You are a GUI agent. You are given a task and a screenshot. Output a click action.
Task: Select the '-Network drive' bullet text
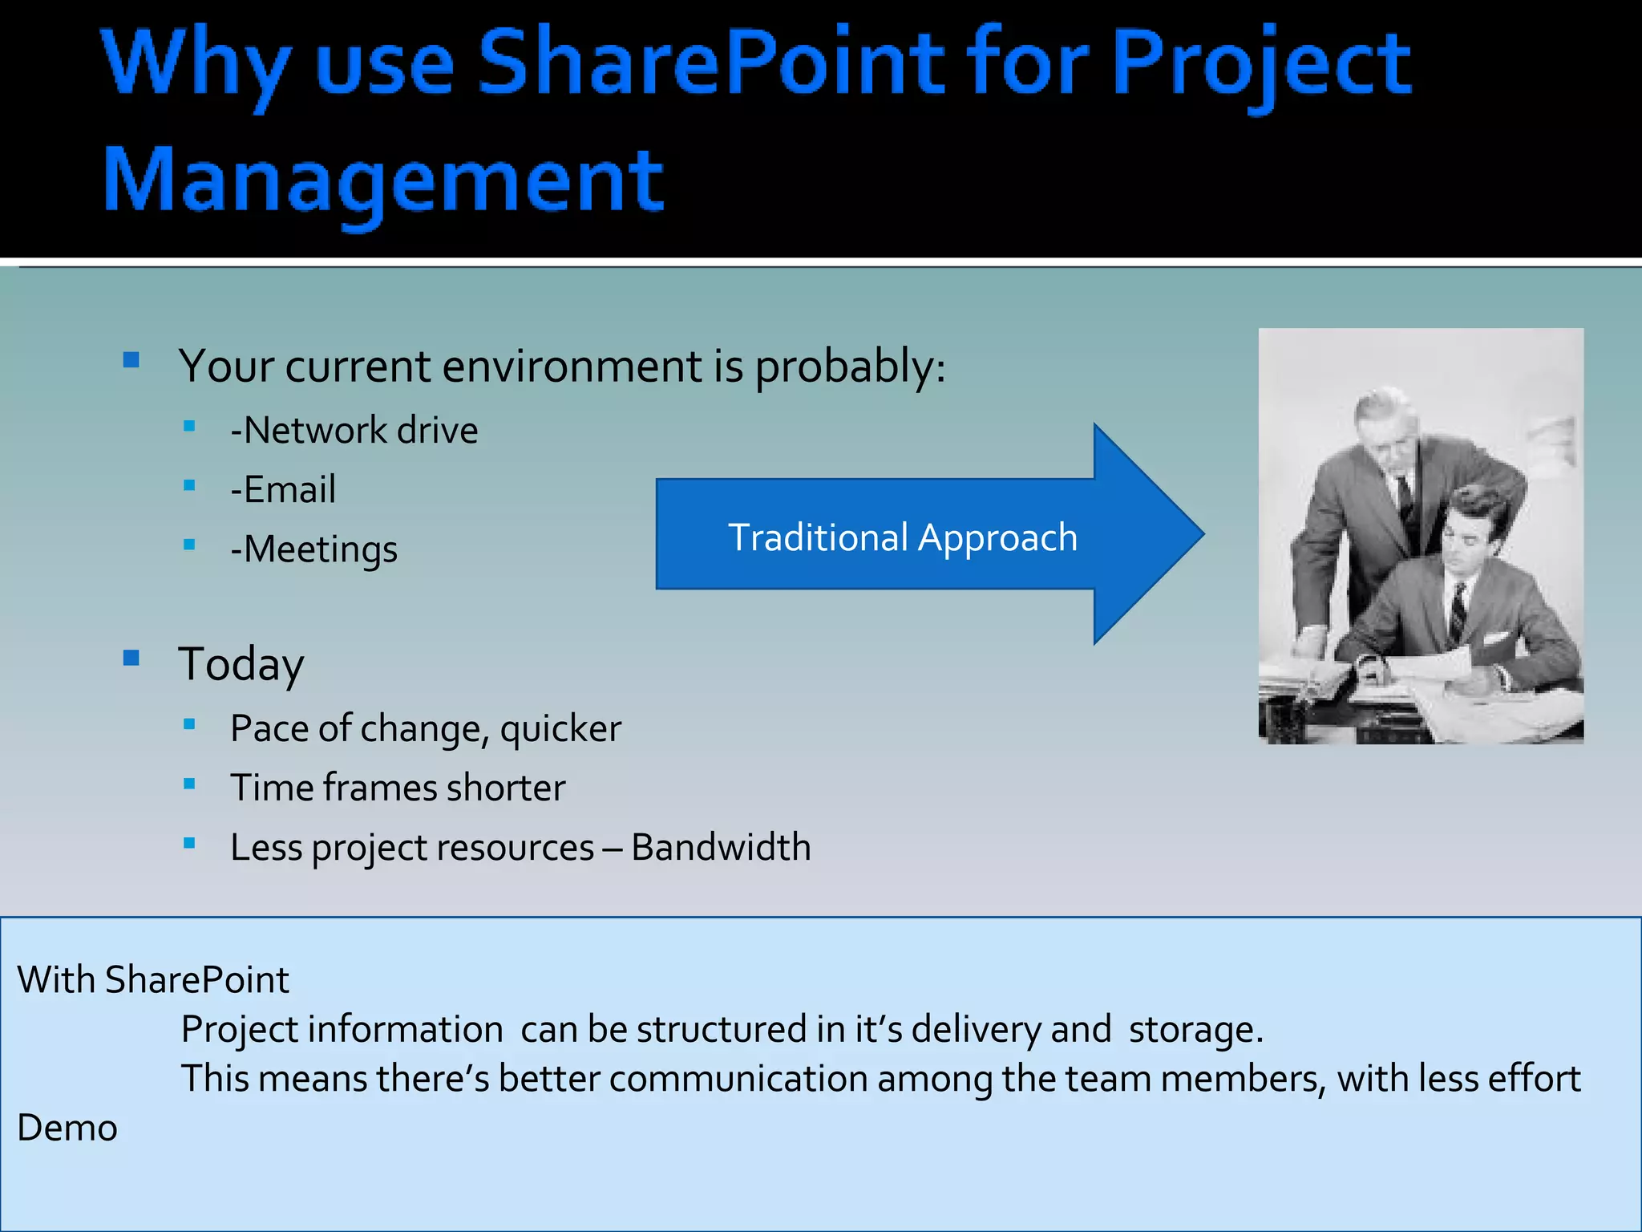pos(354,431)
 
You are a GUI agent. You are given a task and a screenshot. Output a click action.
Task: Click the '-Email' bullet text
pos(283,490)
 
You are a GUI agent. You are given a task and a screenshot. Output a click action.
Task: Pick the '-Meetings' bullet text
pos(313,550)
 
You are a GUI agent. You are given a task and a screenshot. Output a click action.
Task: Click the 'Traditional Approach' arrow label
pos(902,537)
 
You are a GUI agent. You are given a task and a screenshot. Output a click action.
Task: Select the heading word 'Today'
pos(241,664)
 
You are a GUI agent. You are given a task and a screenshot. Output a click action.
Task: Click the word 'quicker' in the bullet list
pos(560,729)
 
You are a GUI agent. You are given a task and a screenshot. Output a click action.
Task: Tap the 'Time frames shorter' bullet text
pos(398,788)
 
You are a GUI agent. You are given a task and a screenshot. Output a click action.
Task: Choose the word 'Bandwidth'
pos(721,848)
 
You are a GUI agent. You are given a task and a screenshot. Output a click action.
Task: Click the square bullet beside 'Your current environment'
pos(131,360)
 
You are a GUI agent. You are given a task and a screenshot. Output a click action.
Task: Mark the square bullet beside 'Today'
pos(131,659)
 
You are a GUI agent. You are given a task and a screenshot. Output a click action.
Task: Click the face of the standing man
pos(1391,437)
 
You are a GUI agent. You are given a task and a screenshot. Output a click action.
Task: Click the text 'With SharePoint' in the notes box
pos(153,980)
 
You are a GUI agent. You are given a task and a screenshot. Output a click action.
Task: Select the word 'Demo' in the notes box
pos(67,1129)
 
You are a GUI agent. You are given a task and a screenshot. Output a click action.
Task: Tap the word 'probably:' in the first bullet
pos(850,367)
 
